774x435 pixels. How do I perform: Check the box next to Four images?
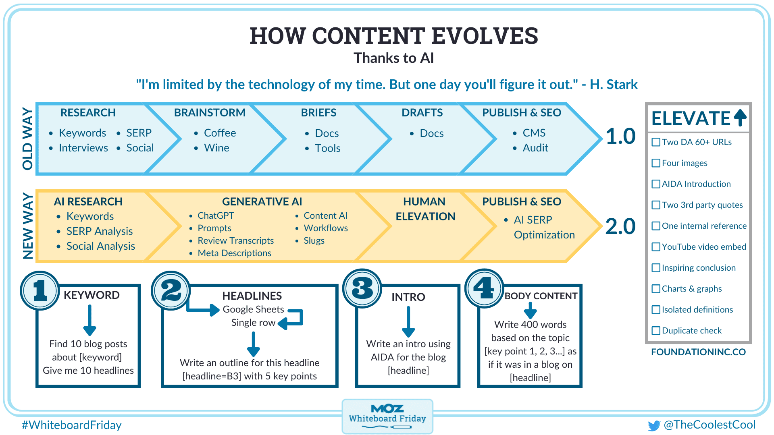(x=656, y=163)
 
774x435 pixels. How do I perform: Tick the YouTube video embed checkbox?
(x=656, y=247)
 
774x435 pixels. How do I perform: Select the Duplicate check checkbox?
(x=656, y=331)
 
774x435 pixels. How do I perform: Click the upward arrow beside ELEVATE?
(x=740, y=118)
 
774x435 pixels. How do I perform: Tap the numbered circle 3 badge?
(x=362, y=289)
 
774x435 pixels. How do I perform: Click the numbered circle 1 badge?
(x=40, y=290)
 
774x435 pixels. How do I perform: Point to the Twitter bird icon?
(x=654, y=426)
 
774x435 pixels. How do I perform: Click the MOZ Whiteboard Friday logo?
(x=387, y=416)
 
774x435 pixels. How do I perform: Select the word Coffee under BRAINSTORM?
(x=220, y=133)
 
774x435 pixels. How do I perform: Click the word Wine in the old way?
(x=216, y=148)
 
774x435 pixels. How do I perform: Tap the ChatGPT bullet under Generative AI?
(x=215, y=216)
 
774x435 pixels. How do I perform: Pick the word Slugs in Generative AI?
(x=314, y=241)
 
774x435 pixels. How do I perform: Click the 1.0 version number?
(x=620, y=136)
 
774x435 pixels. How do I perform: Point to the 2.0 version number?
(x=620, y=226)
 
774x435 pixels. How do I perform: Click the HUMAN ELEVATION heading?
(x=425, y=209)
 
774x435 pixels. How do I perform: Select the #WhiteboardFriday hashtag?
(x=72, y=425)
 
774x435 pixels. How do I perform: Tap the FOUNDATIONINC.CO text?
(x=698, y=352)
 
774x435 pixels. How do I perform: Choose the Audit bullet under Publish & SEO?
(x=535, y=148)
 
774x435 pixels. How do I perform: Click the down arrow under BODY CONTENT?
(x=530, y=311)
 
